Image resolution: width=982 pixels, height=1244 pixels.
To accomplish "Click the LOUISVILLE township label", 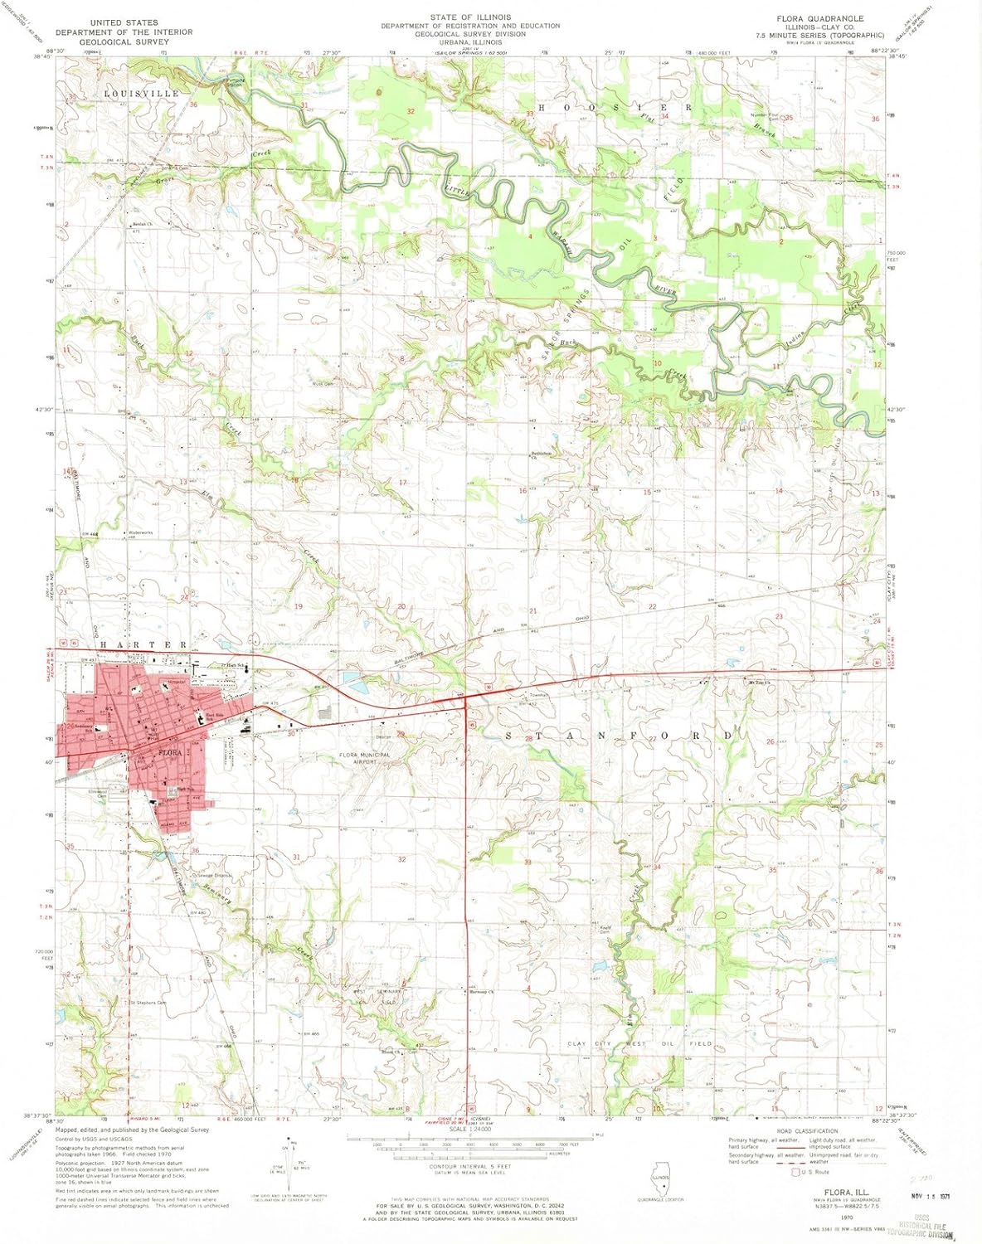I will (x=141, y=94).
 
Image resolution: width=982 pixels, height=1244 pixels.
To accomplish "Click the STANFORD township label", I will (x=619, y=736).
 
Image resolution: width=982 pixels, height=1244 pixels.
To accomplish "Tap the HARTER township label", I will (x=144, y=644).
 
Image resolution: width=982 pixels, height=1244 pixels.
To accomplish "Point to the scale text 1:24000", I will (x=469, y=1129).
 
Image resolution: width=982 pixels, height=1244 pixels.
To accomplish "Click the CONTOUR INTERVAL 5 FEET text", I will (x=469, y=1167).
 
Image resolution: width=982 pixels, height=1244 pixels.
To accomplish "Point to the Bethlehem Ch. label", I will (x=541, y=455).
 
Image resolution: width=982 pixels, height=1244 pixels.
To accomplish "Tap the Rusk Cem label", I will (x=323, y=384).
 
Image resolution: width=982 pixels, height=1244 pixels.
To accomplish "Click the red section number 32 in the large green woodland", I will (x=410, y=110).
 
